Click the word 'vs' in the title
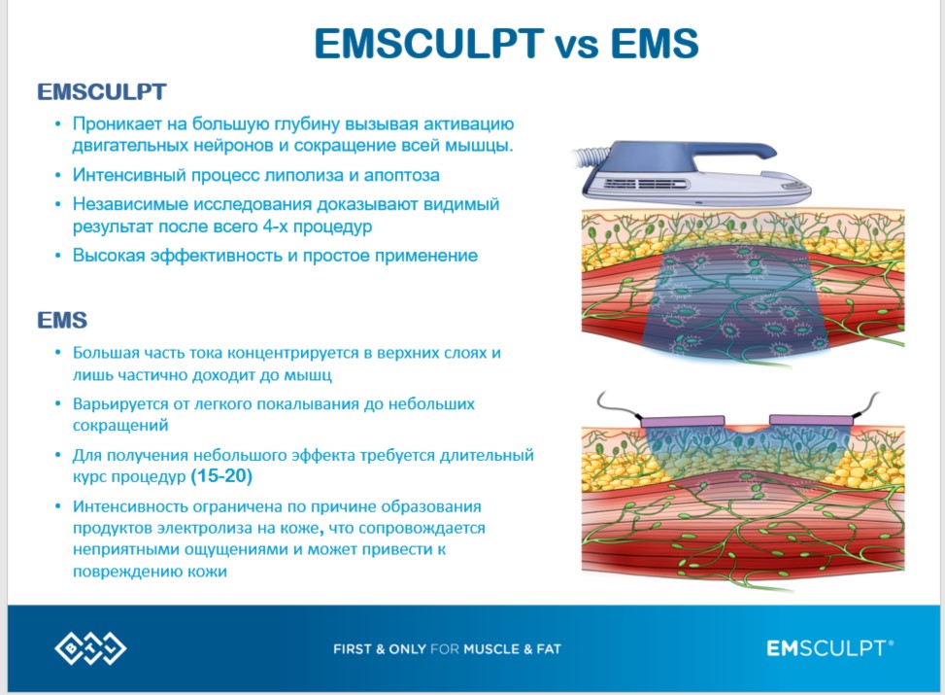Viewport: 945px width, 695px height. pyautogui.click(x=577, y=44)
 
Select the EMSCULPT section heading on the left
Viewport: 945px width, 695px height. pyautogui.click(x=102, y=92)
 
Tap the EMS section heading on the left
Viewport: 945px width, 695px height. pyautogui.click(x=63, y=320)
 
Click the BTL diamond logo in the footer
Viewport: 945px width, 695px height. pyautogui.click(x=90, y=649)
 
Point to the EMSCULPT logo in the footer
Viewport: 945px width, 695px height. pyautogui.click(x=829, y=648)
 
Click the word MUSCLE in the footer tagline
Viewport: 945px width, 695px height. pyautogui.click(x=491, y=649)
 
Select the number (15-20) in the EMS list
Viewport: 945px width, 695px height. pyautogui.click(x=221, y=476)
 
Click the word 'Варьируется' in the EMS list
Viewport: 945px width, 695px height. pyautogui.click(x=120, y=403)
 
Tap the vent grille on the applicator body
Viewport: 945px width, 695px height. pyautogui.click(x=646, y=184)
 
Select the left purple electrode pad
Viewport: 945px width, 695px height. pyautogui.click(x=682, y=421)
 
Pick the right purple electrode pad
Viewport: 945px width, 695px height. pyautogui.click(x=811, y=421)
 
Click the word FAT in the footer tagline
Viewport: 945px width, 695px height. pyautogui.click(x=549, y=649)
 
